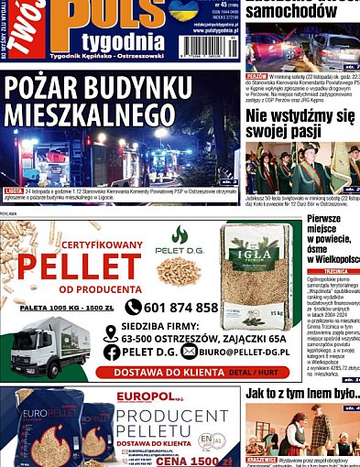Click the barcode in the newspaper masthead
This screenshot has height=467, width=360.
tap(205, 45)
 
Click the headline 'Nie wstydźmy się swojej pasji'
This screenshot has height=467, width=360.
tap(300, 125)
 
